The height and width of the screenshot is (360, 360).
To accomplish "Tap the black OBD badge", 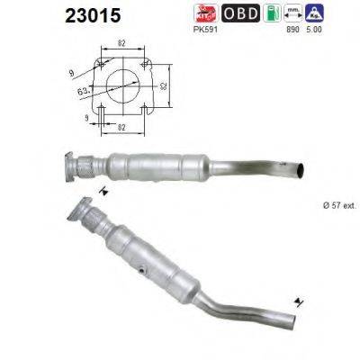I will point(240,13).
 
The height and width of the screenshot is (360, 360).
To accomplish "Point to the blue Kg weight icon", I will point(315,13).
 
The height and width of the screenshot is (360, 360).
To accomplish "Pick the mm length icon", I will point(292,13).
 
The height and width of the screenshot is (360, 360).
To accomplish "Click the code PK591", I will point(206,30).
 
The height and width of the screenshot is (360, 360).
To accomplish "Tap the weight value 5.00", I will point(315,30).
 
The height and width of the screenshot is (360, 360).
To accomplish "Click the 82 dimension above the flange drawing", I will point(121,42).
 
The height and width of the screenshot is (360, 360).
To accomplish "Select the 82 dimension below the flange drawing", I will point(121,127).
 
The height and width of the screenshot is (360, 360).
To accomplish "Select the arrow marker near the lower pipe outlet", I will point(296,301).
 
